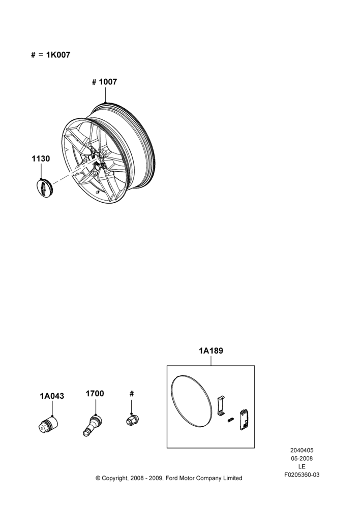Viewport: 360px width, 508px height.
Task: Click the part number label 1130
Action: coord(41,158)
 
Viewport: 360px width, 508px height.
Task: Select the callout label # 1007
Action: coord(104,82)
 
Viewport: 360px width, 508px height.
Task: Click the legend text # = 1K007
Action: coord(51,55)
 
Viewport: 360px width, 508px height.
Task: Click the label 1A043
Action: coord(52,396)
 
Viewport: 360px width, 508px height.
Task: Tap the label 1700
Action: coord(95,394)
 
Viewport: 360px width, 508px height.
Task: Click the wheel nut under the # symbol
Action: coord(132,420)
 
